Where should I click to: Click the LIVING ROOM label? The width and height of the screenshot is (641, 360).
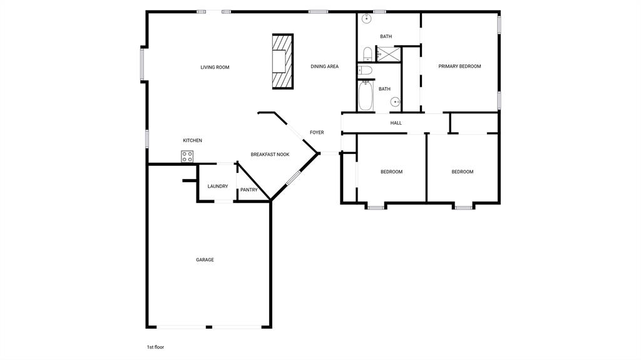pos(215,68)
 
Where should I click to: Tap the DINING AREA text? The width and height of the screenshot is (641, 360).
pos(324,66)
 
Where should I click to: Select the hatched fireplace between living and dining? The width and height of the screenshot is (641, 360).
pos(283,61)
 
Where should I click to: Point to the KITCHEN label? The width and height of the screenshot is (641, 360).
pos(192,140)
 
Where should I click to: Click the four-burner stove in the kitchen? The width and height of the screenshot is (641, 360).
pos(187,157)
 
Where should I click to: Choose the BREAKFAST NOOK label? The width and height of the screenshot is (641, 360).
pos(270,155)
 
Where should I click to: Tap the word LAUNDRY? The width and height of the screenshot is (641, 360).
pos(218,186)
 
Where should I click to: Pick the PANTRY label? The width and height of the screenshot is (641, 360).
pos(249,190)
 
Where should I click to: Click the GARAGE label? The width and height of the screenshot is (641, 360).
pos(205,260)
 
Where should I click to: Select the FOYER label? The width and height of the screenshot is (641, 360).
pos(317,133)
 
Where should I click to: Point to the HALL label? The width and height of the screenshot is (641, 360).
pos(396,123)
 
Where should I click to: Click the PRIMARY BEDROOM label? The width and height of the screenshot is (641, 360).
pos(459,66)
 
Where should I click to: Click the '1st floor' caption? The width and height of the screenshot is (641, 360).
pos(155,347)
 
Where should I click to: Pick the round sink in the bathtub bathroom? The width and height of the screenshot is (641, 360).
pos(396,101)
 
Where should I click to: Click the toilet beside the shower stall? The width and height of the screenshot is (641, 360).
pos(367,53)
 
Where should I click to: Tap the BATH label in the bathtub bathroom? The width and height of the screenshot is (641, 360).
pos(384,89)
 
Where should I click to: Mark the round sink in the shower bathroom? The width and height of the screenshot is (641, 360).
pos(367,19)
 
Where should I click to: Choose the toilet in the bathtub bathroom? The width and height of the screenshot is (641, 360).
pos(366,70)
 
